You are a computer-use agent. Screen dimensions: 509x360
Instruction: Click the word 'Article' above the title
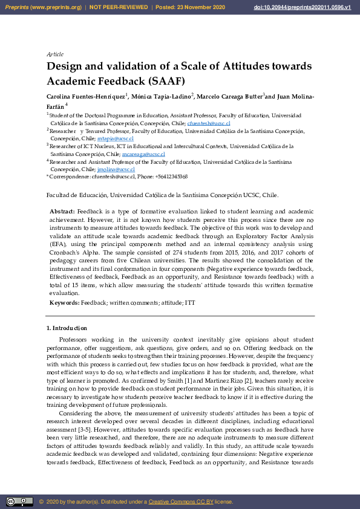55,54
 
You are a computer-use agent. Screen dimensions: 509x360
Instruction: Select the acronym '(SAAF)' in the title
165,81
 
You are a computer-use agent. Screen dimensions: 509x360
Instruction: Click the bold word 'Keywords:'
64,302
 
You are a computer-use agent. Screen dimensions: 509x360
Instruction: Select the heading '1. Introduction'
67,328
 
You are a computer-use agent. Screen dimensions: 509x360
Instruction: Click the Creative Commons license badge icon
19,501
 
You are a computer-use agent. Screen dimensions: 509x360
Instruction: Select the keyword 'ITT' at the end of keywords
190,302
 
